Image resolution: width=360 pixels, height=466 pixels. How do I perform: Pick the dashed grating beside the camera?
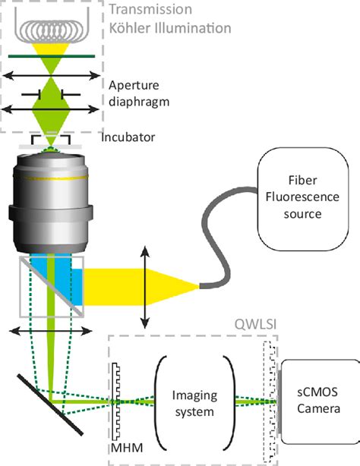click(x=267, y=402)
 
